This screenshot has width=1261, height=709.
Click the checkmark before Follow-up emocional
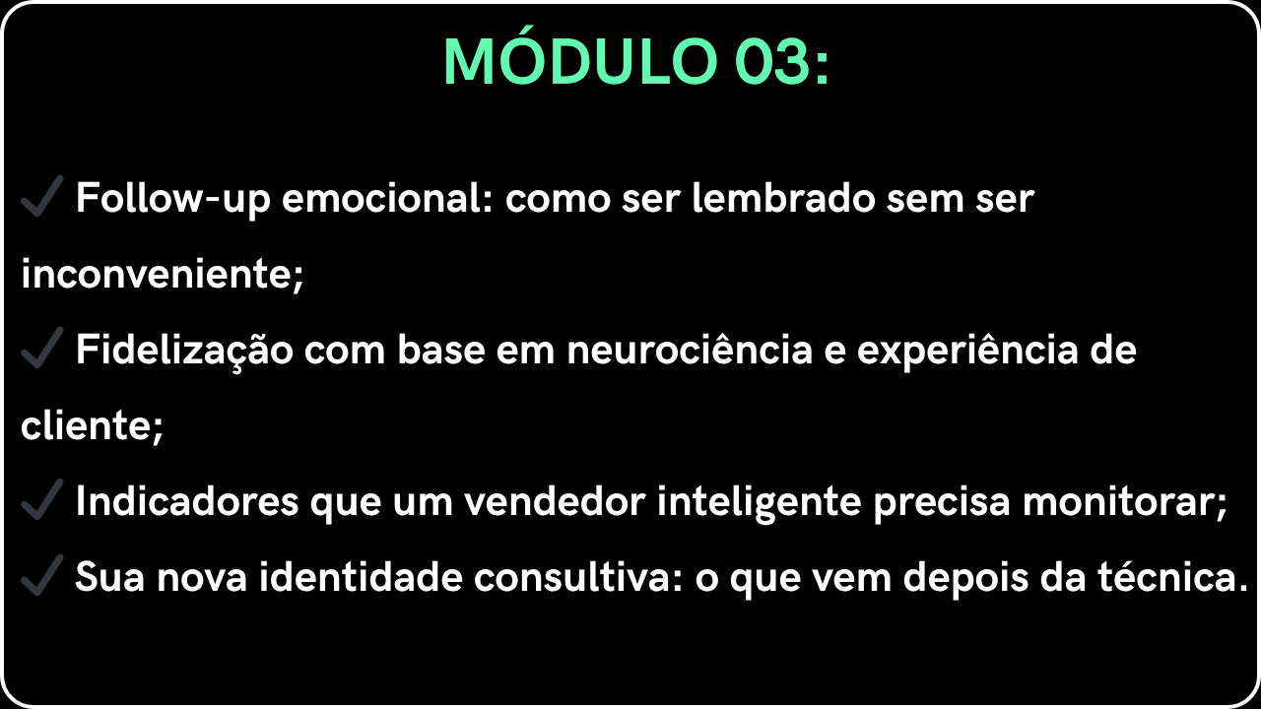[x=41, y=196]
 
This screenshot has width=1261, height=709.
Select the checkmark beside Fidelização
[x=41, y=348]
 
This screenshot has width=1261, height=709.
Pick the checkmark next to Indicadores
[x=41, y=499]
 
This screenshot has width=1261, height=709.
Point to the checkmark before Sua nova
[x=41, y=575]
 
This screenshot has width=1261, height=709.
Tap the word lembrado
[x=783, y=198]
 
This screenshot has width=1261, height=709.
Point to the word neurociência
[x=690, y=349]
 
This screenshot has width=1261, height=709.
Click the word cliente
[x=86, y=424]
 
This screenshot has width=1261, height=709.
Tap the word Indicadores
[x=187, y=501]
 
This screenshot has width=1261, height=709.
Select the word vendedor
[x=555, y=501]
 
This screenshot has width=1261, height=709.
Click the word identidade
[x=361, y=576]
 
